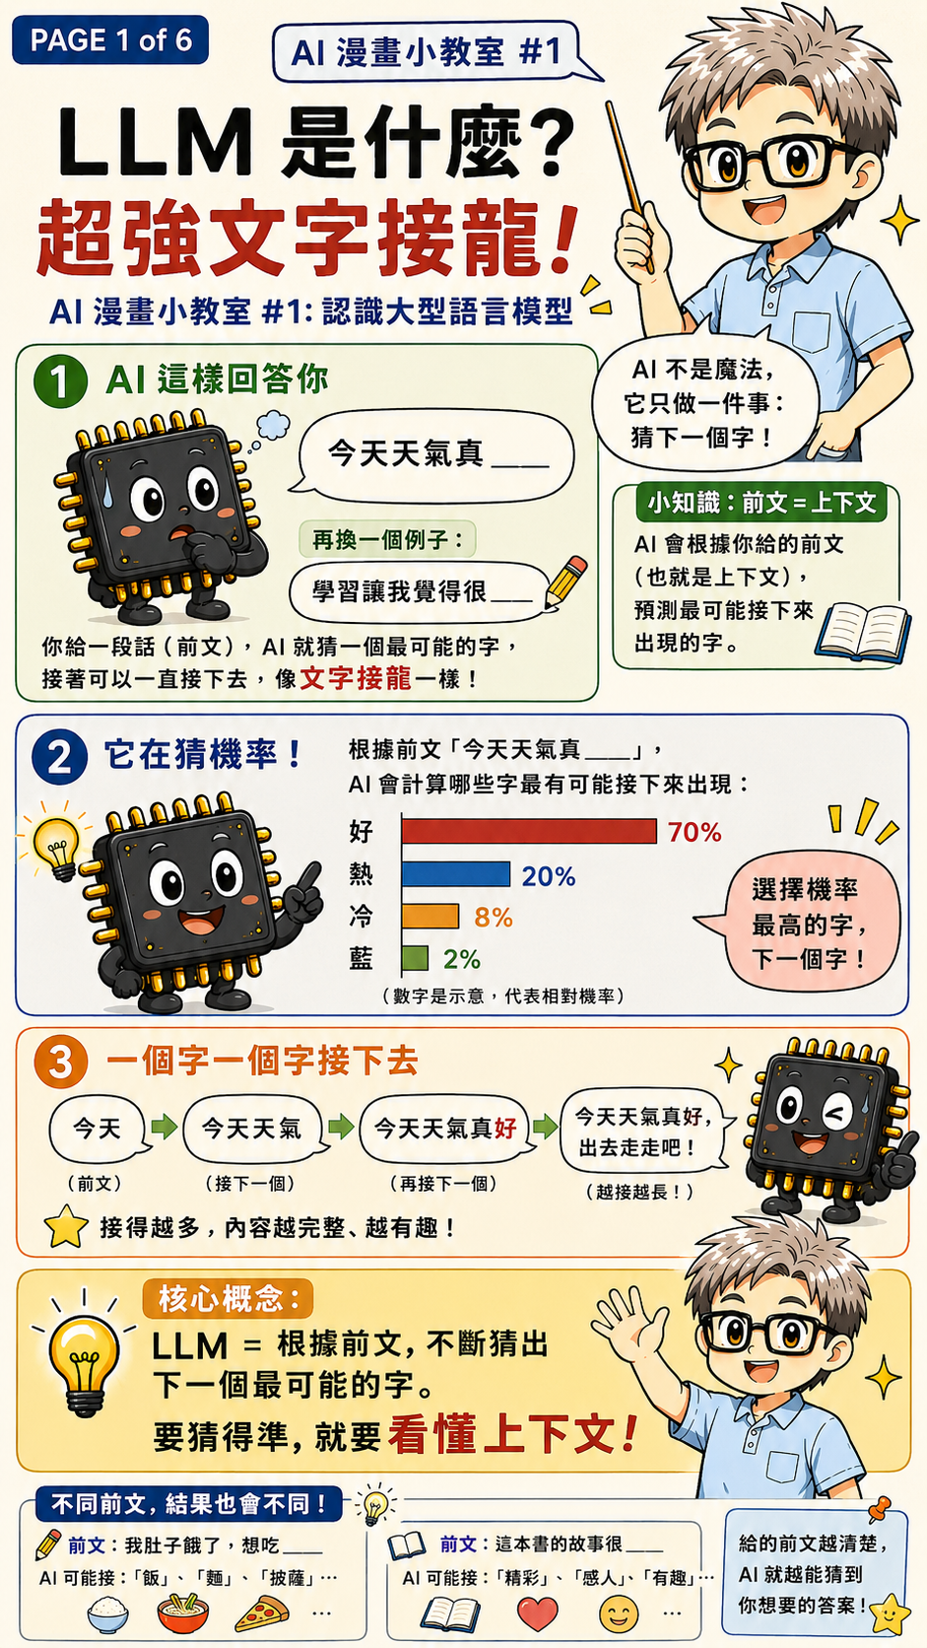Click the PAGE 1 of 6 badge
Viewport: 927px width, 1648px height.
click(x=110, y=39)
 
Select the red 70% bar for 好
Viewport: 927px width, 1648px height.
click(x=529, y=831)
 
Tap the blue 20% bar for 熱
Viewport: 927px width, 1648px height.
click(x=456, y=874)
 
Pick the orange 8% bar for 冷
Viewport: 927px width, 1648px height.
click(x=430, y=916)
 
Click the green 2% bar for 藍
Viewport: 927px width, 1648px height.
click(x=416, y=958)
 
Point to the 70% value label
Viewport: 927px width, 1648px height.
click(x=695, y=832)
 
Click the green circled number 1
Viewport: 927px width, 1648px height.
click(x=60, y=381)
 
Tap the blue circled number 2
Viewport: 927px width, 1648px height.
click(x=59, y=757)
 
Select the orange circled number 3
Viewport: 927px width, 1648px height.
click(x=61, y=1062)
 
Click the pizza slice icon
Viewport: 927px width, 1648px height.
click(x=262, y=1614)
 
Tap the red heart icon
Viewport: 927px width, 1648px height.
click(x=537, y=1614)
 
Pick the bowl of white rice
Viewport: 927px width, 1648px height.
click(x=108, y=1614)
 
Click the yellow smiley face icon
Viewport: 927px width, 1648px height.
click(x=619, y=1614)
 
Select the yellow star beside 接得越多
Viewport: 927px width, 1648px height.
click(x=66, y=1226)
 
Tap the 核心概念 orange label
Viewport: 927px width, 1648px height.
click(x=228, y=1299)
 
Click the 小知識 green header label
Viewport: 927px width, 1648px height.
click(x=761, y=503)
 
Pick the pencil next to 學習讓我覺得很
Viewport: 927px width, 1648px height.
click(x=565, y=583)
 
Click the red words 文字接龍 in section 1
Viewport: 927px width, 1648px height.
click(x=355, y=678)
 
